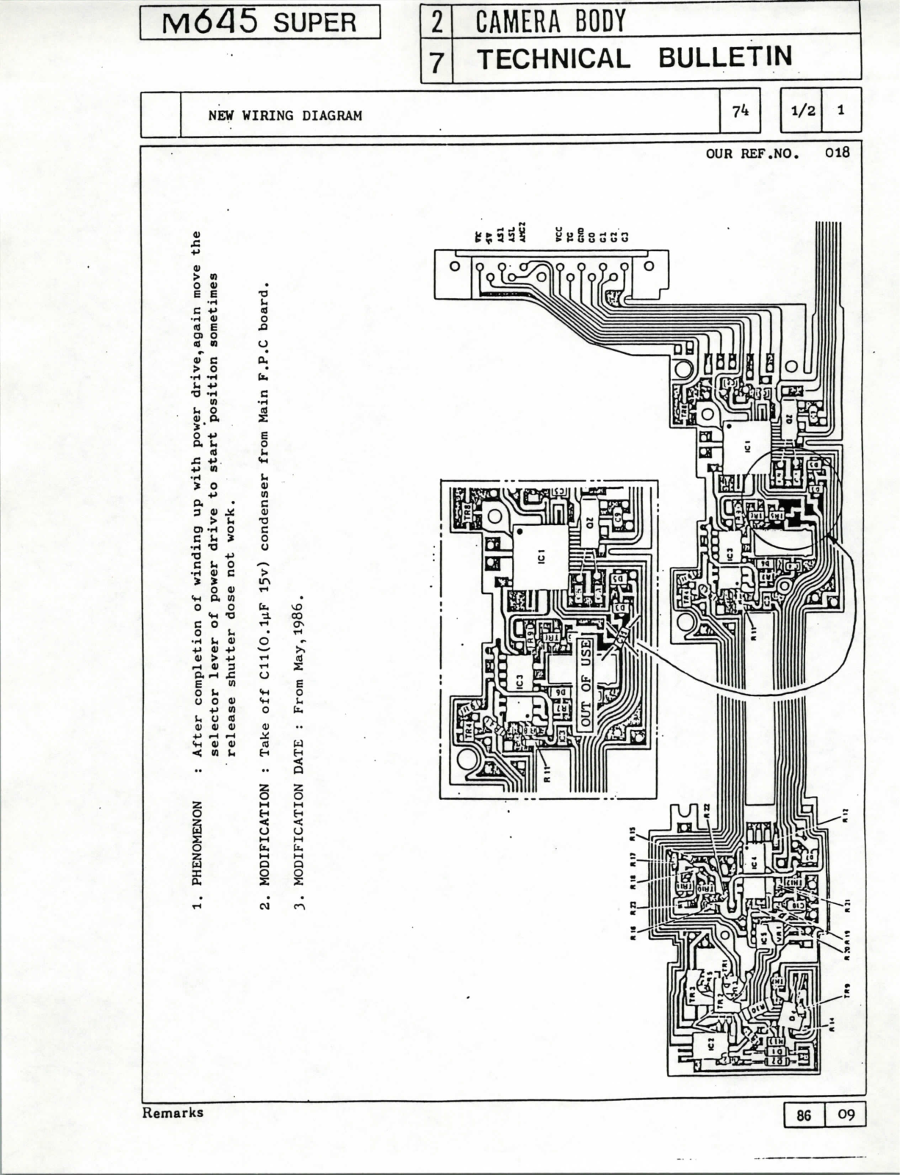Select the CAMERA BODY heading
550,21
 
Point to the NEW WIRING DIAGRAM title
285,115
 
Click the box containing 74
741,111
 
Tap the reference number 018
837,153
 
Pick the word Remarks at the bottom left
173,1112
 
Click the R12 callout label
846,814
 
